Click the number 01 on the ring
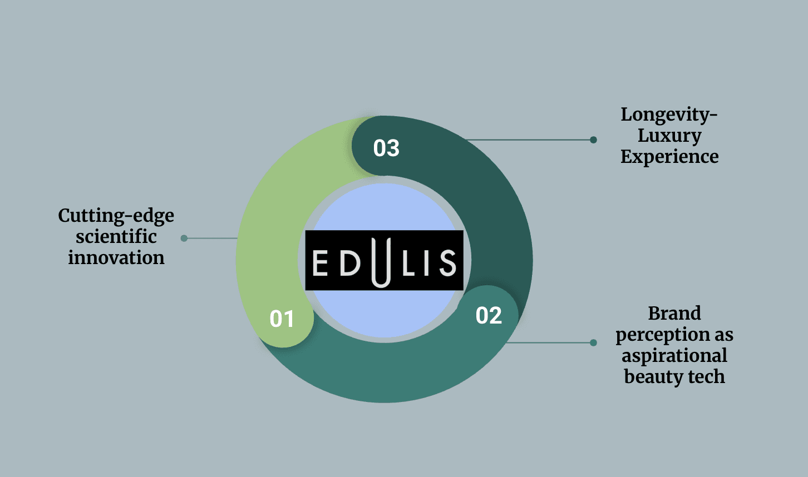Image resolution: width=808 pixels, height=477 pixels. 282,319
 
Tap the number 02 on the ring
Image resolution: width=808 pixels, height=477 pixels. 489,315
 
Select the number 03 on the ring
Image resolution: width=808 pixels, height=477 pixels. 386,148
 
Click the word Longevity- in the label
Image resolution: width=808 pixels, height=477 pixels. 669,115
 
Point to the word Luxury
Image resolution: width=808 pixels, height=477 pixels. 669,136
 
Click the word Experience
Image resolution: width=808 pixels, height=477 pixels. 669,157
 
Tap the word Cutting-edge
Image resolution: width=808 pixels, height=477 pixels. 116,216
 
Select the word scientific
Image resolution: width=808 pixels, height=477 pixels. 116,237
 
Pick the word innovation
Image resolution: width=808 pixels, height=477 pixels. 116,258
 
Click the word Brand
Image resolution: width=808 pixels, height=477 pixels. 674,314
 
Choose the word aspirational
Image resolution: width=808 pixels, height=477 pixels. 674,356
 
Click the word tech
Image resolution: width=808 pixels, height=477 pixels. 707,377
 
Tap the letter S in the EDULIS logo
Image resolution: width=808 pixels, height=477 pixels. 447,262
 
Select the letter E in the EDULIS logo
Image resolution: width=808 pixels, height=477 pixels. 320,262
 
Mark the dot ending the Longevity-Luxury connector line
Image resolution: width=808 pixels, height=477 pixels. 593,140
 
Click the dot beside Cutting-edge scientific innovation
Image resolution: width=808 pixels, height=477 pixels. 184,238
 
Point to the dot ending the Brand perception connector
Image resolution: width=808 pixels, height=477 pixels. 593,342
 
